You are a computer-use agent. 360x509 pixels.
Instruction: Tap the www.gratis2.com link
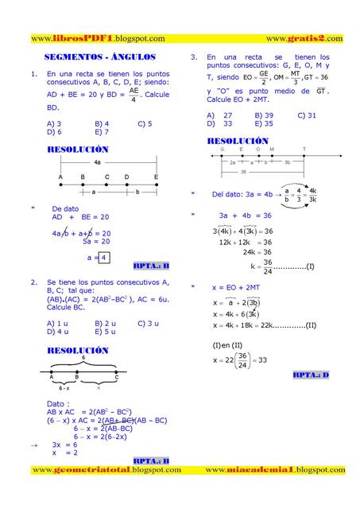[x=304, y=38]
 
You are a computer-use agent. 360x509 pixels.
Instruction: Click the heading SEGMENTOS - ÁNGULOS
[x=99, y=58]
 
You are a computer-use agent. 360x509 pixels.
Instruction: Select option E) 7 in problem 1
[x=101, y=132]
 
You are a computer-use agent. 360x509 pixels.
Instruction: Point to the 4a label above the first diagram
[x=97, y=161]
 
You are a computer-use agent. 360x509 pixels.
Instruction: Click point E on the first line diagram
[x=157, y=177]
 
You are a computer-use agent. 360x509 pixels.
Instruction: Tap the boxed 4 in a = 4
[x=103, y=258]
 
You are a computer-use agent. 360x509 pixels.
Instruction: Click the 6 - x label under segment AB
[x=63, y=387]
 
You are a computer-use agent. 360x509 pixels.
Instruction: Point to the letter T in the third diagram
[x=304, y=150]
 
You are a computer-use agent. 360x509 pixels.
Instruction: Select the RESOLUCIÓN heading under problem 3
[x=236, y=141]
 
